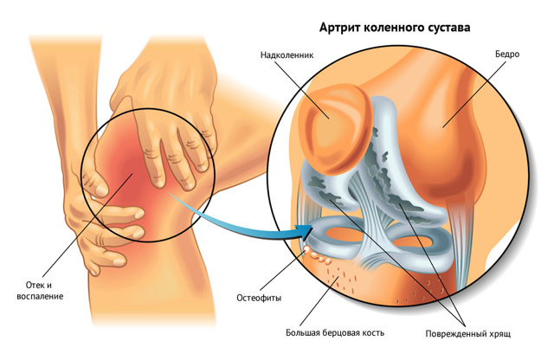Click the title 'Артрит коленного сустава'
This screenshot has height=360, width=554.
pos(395,28)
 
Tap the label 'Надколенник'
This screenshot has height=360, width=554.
pos(287,55)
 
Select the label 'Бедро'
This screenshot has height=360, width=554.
pos(507,54)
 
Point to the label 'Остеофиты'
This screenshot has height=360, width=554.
pos(259,299)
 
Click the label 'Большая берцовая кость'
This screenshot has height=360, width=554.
pos(335,333)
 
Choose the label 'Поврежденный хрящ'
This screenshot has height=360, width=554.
pos(467,334)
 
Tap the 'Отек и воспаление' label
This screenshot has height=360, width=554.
pos(40,291)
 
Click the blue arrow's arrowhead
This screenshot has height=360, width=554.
pos(306,230)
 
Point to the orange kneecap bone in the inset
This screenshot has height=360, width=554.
pos(334,129)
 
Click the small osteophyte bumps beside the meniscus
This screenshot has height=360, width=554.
pos(317,255)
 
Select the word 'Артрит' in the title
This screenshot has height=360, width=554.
pos(338,29)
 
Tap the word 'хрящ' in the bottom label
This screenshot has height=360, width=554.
pos(499,334)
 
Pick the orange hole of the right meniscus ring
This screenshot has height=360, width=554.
pos(414,242)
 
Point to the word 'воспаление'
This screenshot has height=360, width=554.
pos(40,296)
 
